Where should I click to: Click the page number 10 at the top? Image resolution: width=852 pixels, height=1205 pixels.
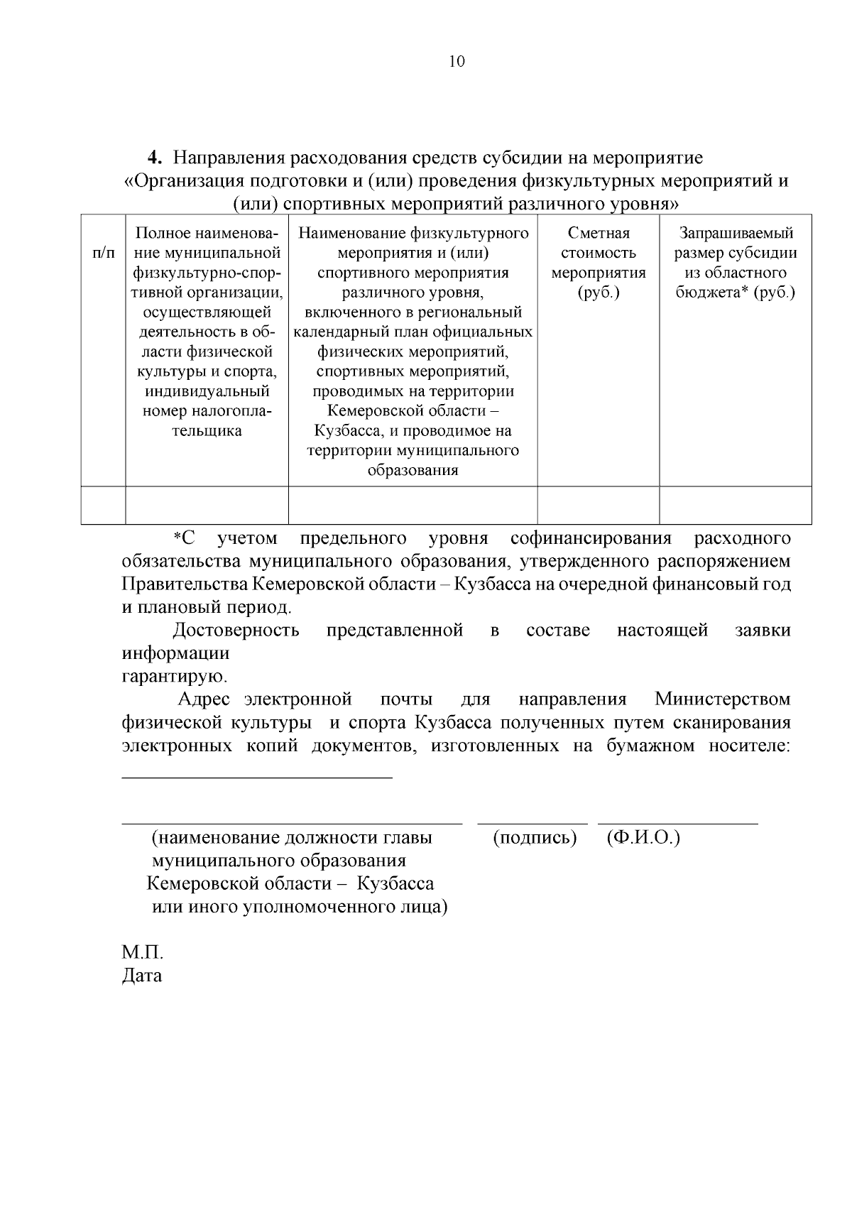457,62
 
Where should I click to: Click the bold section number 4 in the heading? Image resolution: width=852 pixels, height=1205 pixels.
152,158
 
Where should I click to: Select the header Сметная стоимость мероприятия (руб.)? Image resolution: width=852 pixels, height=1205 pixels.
599,263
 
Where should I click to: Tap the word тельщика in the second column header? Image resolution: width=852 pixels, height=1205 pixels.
207,431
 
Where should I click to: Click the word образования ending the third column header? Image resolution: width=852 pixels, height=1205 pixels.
413,470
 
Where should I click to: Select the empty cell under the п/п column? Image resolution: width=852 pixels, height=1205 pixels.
104,505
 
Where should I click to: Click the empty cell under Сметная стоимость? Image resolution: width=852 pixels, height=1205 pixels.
599,505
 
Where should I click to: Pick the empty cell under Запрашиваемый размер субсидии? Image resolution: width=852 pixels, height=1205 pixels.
736,505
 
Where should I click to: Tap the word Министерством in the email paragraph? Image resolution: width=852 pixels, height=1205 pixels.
722,699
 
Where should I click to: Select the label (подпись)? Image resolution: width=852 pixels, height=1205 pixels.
534,838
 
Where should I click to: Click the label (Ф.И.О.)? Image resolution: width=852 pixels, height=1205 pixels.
643,838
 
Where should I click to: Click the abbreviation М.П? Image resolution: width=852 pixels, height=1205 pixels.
143,952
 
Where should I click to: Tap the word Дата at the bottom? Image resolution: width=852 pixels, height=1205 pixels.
142,976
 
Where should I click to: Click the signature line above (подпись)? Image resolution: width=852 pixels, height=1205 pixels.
532,823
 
